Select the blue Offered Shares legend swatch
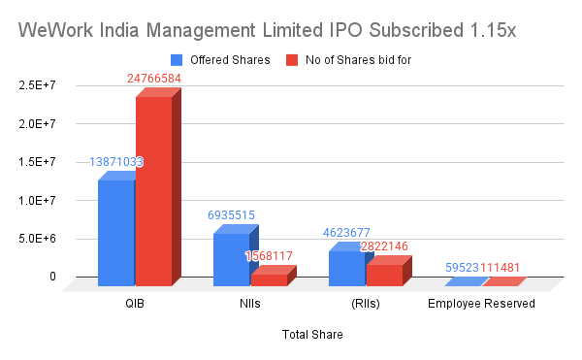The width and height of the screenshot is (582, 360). [177, 60]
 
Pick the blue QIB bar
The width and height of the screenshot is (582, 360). [115, 233]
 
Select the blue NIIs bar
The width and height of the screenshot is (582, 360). [231, 259]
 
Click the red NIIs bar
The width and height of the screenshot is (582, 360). [269, 279]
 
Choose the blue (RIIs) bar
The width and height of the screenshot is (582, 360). [346, 268]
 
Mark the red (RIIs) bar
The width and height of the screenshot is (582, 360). [384, 275]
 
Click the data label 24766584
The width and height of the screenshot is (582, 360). [159, 78]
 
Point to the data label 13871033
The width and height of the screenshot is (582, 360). [116, 162]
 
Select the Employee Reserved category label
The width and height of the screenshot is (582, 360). [481, 304]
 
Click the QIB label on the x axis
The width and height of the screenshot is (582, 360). [136, 304]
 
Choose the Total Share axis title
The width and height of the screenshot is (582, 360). [311, 335]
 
